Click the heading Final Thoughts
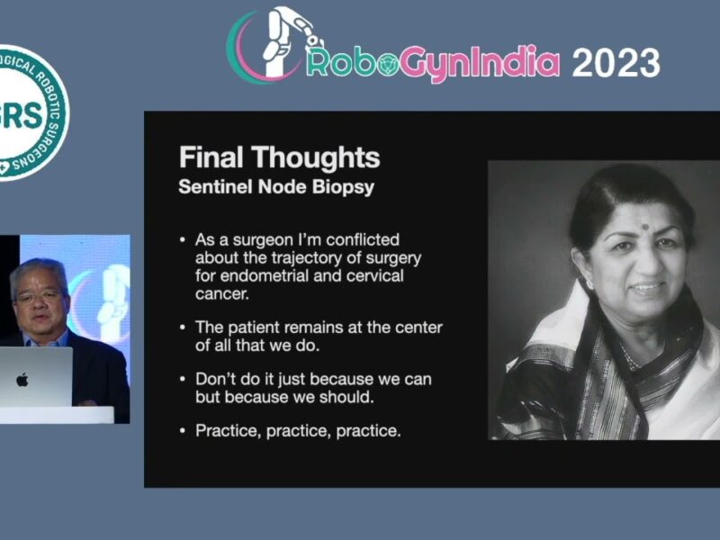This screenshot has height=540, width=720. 280,157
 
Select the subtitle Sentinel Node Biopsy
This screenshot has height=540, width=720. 276,187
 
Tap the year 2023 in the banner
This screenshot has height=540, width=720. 616,62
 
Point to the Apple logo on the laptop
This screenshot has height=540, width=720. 22,380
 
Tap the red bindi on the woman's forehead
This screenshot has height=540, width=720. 644,227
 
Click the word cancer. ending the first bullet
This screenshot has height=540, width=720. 222,294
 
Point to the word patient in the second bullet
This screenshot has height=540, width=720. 254,328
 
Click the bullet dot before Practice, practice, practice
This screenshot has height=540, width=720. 183,431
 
